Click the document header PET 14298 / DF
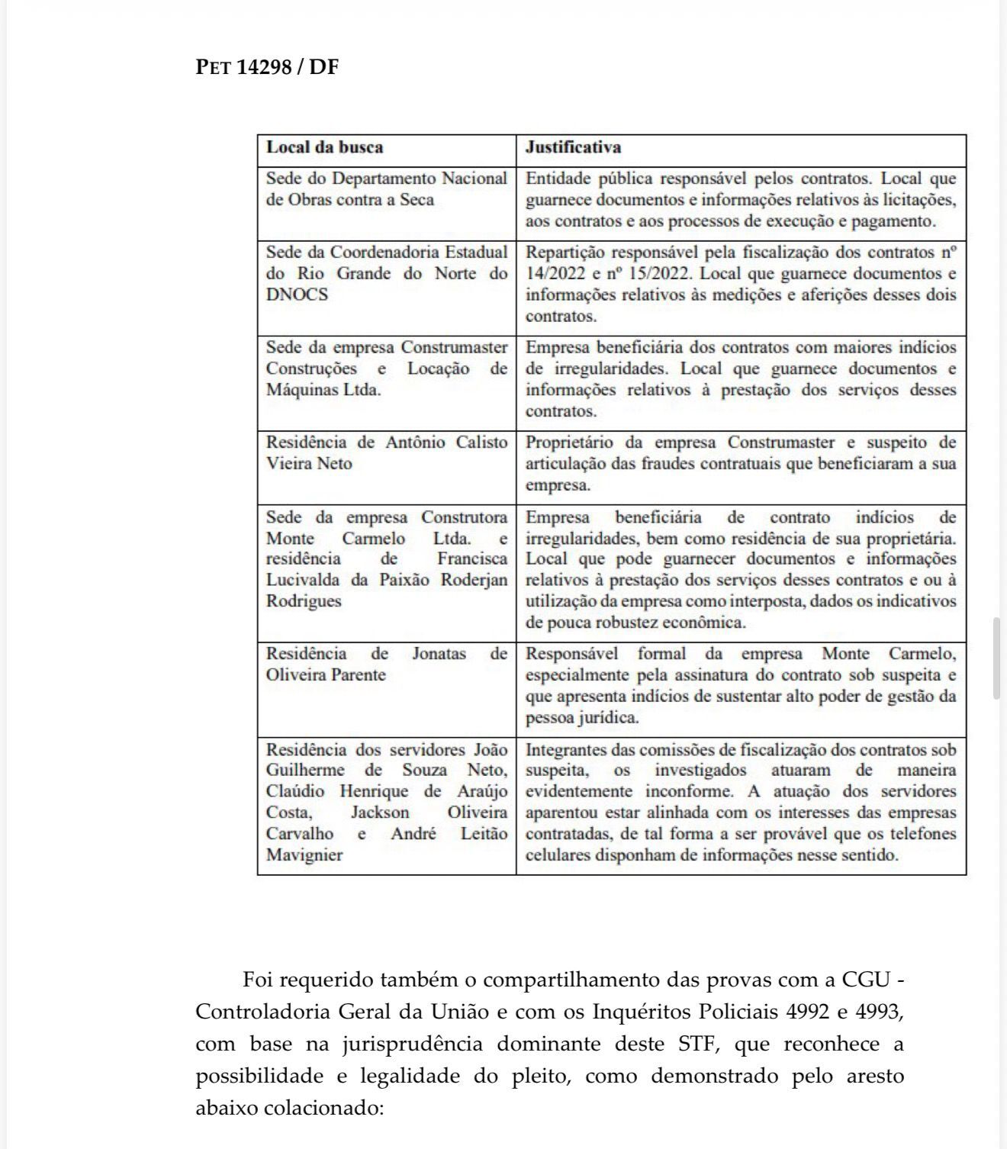click(x=267, y=67)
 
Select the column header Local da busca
click(x=324, y=147)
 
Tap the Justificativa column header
click(x=573, y=147)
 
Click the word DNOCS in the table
click(x=297, y=294)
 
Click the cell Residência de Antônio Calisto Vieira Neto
click(x=386, y=452)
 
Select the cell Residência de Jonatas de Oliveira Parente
click(x=386, y=664)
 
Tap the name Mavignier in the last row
click(x=304, y=855)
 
